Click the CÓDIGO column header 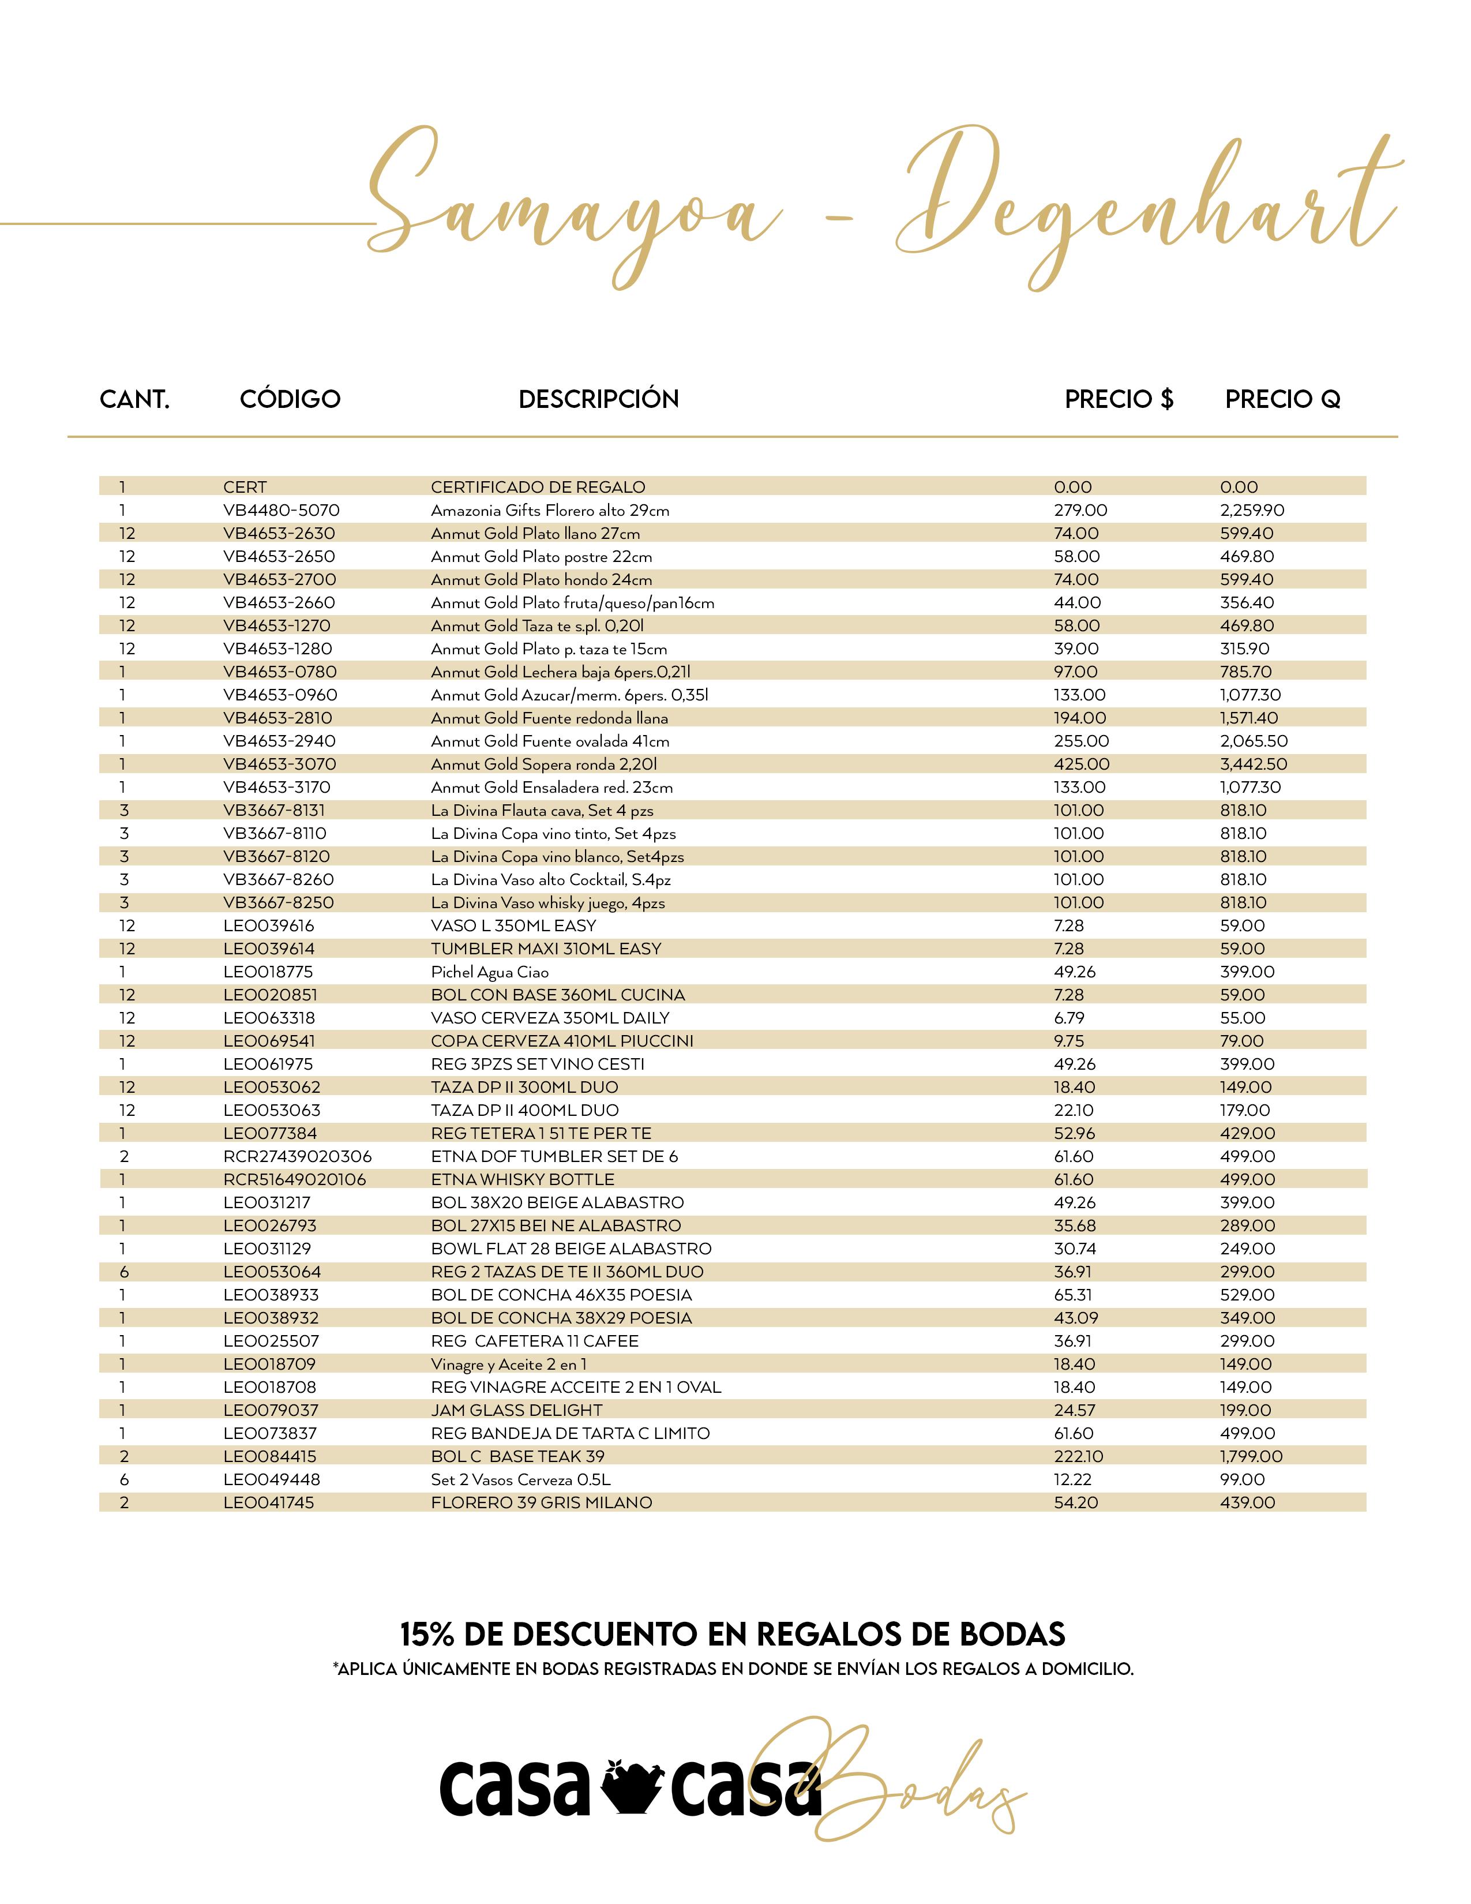[290, 399]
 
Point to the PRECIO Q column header [1282, 399]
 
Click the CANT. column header [134, 399]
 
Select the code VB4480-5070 [280, 510]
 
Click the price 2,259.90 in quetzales [1251, 510]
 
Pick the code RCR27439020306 [297, 1156]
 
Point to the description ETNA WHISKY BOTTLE [522, 1179]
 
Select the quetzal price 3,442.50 [1253, 764]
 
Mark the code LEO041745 [268, 1502]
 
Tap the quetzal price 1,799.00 [1251, 1456]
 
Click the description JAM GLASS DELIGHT [516, 1410]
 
